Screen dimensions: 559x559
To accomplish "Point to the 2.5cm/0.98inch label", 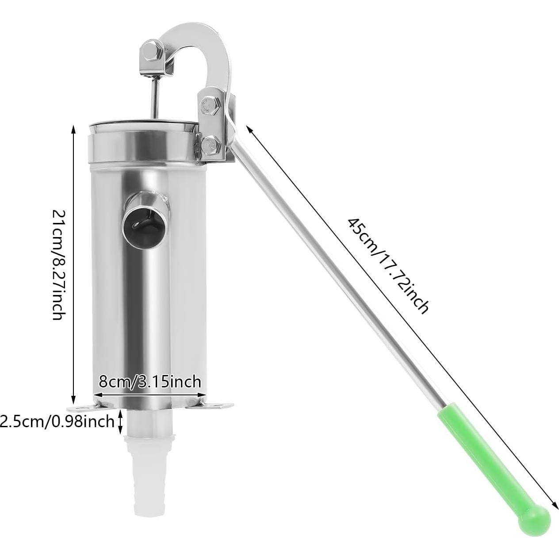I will tap(57, 421).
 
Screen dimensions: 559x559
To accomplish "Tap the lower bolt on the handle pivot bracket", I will tap(211, 143).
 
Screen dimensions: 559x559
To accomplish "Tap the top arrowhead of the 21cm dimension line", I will tap(73, 128).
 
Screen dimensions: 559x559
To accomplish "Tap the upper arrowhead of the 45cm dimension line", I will tap(249, 129).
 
